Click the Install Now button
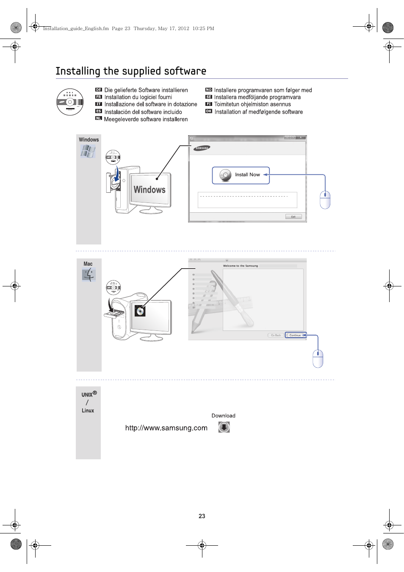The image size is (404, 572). [241, 175]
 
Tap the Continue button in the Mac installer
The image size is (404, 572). [295, 335]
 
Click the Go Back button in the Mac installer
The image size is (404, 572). [276, 335]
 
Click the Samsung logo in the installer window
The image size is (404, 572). [202, 148]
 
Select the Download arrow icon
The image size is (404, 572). [224, 427]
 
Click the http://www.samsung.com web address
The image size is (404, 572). [166, 428]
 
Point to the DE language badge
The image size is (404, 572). [99, 90]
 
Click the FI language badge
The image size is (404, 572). [208, 104]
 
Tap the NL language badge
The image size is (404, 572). [99, 119]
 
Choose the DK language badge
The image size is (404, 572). [208, 111]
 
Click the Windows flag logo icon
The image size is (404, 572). [88, 151]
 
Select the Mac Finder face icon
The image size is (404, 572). [89, 275]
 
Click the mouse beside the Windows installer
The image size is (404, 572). [325, 200]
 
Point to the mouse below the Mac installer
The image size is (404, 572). [318, 358]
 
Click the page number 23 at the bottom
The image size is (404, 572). [202, 516]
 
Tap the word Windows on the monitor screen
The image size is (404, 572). [149, 189]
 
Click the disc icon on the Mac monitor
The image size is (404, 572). [140, 311]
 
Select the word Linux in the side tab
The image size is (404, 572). [88, 411]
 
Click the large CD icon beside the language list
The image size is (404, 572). [69, 102]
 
